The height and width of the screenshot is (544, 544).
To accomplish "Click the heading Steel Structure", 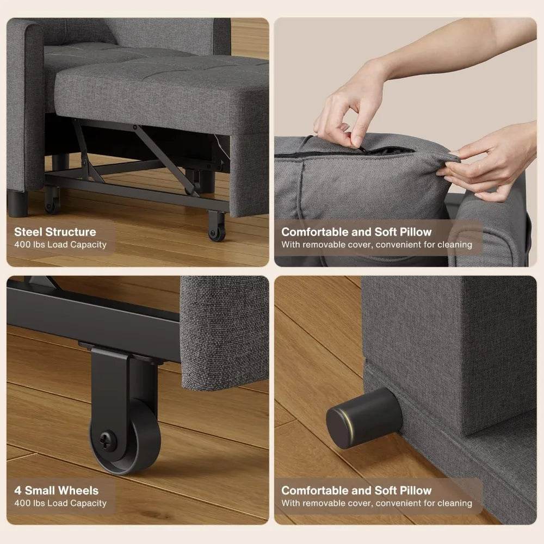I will click(55, 232).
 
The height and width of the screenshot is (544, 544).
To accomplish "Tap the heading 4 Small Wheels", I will click(57, 491).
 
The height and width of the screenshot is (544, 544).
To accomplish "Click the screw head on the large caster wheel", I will click(107, 436).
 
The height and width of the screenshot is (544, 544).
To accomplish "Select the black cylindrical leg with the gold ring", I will click(363, 418).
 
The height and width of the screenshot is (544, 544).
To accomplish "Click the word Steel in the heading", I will click(28, 232).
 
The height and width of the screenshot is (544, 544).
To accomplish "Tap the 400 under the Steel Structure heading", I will click(22, 245).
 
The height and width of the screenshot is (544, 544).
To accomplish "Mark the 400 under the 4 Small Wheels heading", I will click(22, 504).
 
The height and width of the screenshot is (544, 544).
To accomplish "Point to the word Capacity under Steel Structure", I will click(89, 245).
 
